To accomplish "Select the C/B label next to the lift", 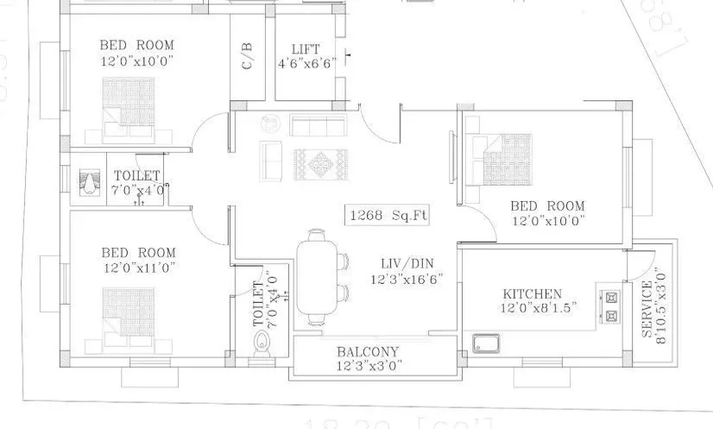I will tap(248, 55).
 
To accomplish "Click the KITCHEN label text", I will tap(533, 294).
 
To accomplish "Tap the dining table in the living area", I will tap(318, 280).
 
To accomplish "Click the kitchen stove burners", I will tap(613, 306).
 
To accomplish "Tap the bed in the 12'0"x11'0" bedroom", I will tap(127, 315).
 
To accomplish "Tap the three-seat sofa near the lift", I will tap(317, 126).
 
